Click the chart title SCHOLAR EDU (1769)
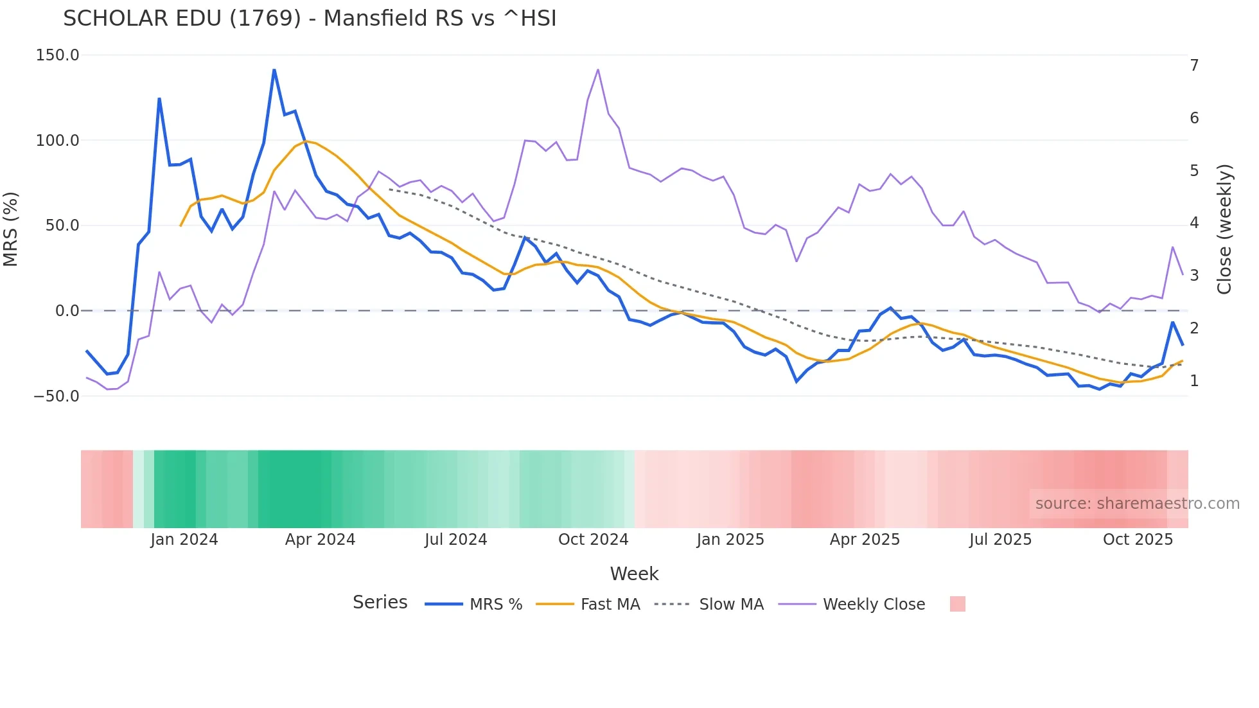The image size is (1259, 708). [310, 19]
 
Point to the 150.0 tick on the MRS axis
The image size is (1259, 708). [58, 55]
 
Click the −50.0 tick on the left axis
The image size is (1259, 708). [57, 396]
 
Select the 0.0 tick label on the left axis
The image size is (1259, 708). [67, 311]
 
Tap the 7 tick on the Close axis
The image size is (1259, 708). [1194, 66]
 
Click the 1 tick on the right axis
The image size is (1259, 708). [1194, 381]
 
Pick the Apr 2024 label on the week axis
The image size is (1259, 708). [320, 540]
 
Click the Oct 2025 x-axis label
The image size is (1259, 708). [1138, 540]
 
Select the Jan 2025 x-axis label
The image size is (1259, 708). [730, 540]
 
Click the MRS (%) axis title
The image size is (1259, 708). [11, 229]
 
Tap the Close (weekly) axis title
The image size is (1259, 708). [1224, 229]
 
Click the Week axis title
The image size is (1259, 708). [634, 574]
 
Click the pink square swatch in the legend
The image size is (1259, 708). [957, 604]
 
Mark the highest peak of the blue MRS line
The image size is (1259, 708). [274, 69]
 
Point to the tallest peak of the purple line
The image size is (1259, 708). [598, 69]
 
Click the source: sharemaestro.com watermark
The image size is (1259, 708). [1137, 504]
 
